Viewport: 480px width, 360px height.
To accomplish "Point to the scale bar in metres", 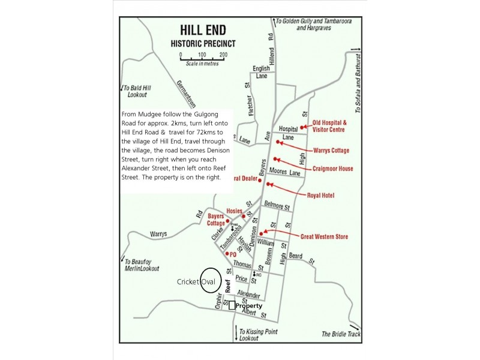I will [x=202, y=58].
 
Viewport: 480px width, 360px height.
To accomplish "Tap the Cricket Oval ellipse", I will [x=210, y=280].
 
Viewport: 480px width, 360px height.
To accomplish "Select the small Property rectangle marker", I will [x=232, y=305].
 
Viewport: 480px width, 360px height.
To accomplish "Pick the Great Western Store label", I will [x=324, y=237].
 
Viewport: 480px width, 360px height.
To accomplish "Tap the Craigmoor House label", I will [x=332, y=169].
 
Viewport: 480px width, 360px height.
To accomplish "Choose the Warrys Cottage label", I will [x=331, y=150].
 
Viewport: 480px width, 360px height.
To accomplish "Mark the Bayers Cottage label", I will [x=215, y=220].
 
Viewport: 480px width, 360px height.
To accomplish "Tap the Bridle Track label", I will [x=339, y=334].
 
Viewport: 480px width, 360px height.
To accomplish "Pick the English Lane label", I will [x=261, y=72].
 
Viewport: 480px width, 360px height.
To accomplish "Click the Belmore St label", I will [x=277, y=205].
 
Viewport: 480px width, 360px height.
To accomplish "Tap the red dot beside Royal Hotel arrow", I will [x=268, y=184].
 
